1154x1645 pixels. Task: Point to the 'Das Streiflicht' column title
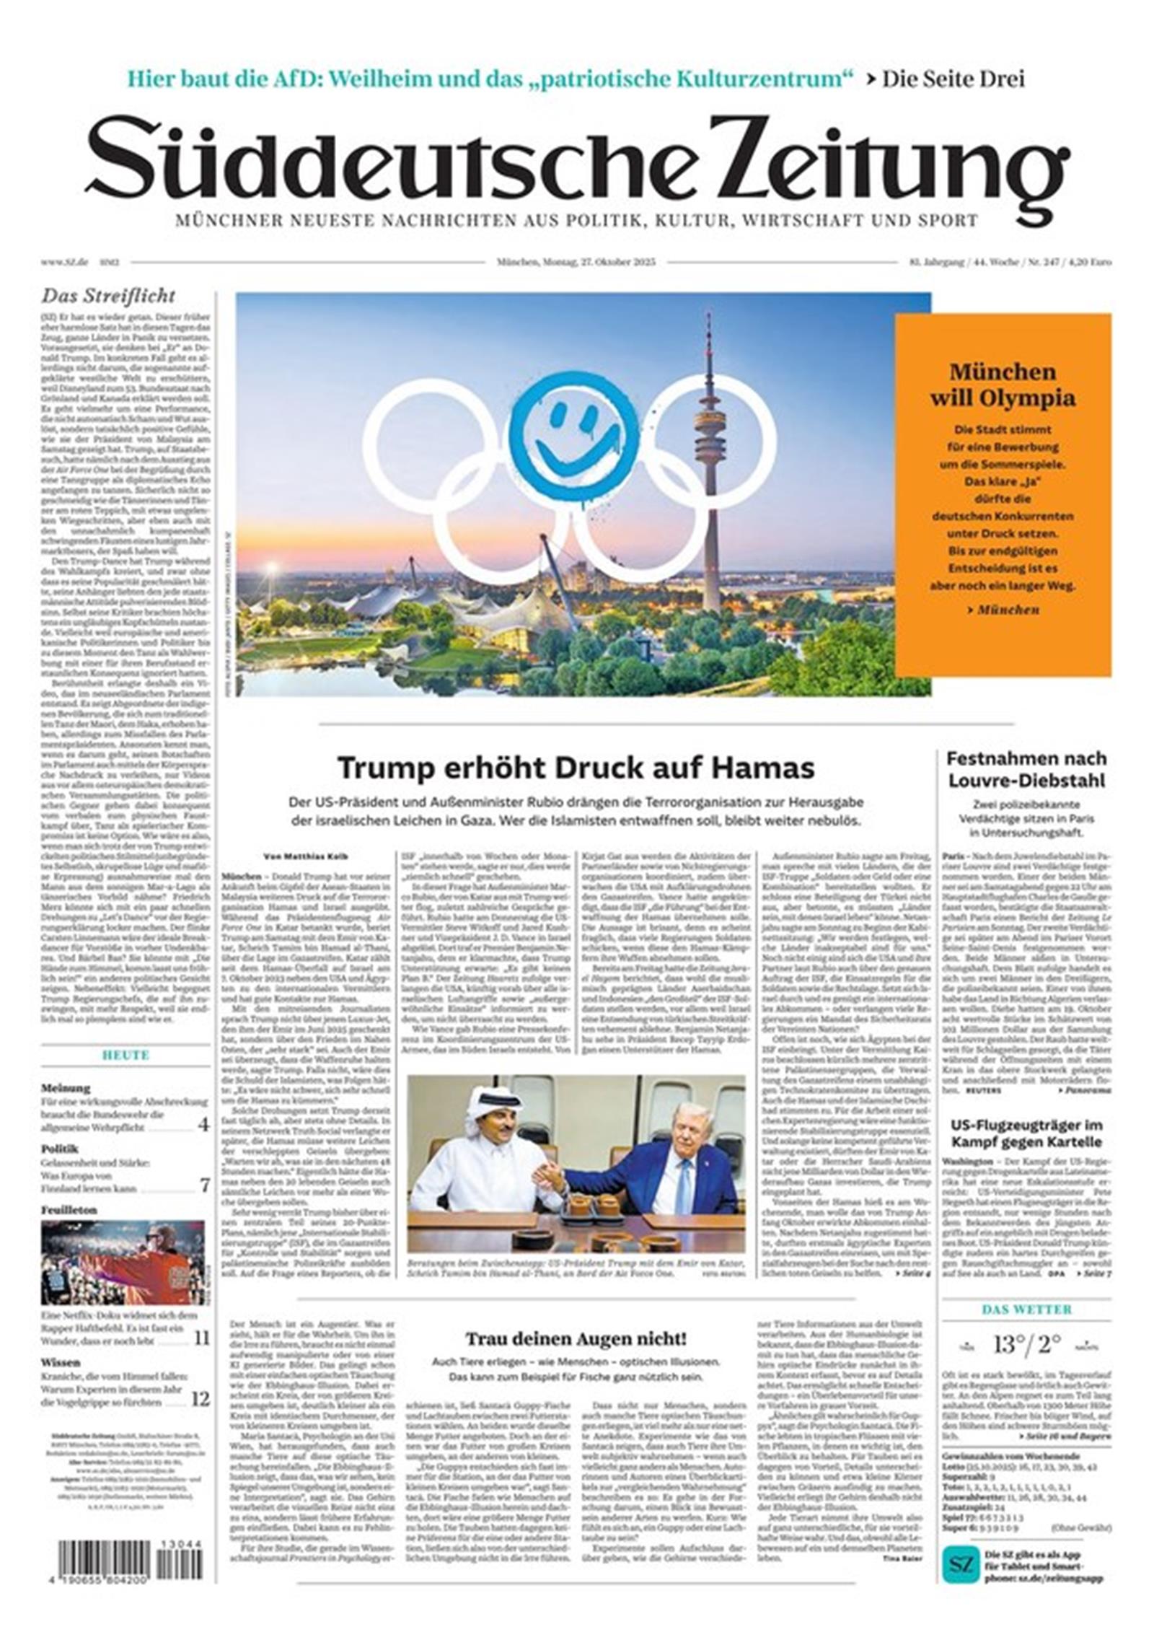[x=108, y=296]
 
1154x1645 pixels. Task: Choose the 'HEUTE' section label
[x=125, y=1055]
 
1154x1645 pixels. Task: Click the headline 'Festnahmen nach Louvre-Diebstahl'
[x=1026, y=769]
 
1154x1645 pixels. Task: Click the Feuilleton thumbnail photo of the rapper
[x=123, y=1262]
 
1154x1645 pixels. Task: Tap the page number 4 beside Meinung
[x=204, y=1124]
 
